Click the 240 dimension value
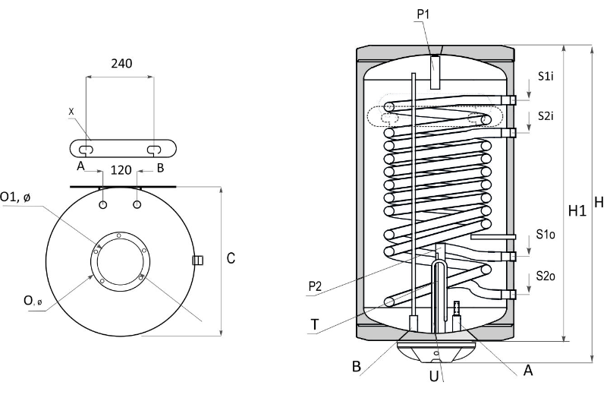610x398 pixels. pos(121,63)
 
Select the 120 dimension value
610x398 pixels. pos(121,170)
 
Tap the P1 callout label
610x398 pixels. pos(423,14)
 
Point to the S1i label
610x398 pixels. pos(546,76)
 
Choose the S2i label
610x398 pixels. pos(546,115)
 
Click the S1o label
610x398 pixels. pos(546,235)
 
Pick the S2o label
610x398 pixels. pos(546,276)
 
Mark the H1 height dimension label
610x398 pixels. pos(577,210)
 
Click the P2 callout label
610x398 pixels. pos(315,286)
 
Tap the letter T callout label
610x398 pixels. pos(314,324)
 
